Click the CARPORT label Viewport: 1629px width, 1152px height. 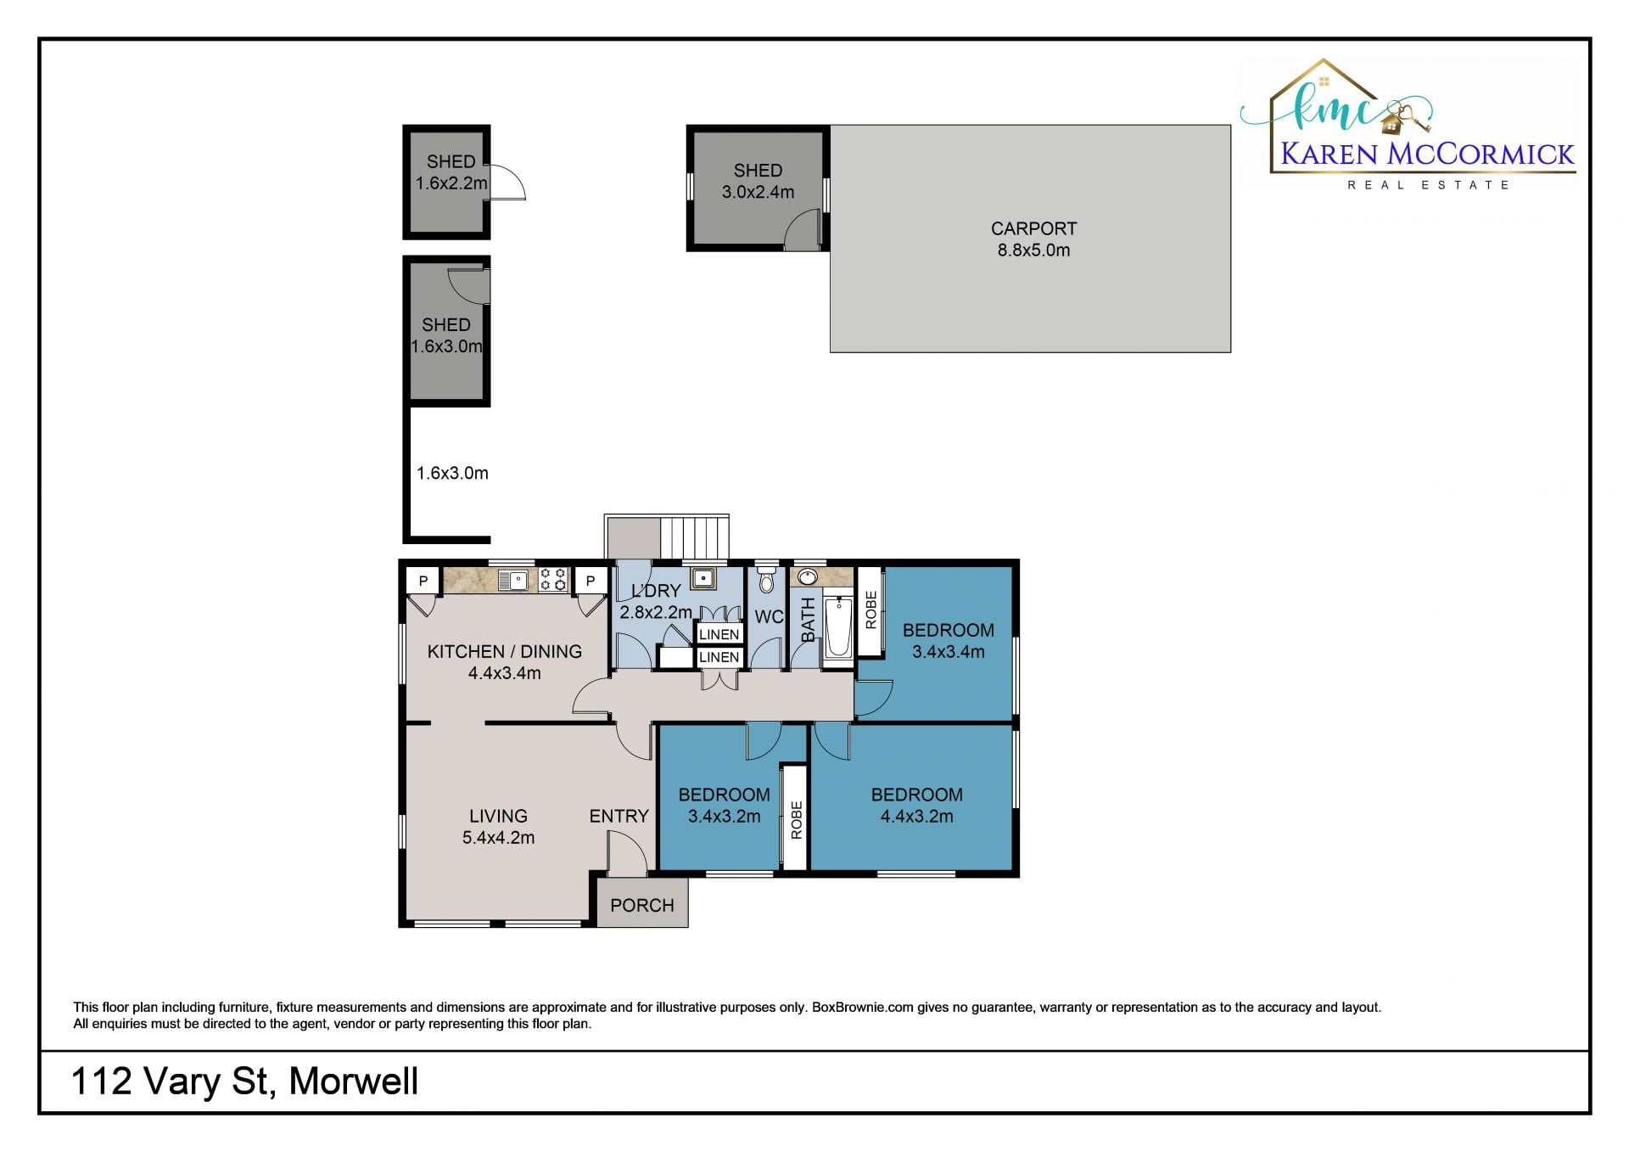(x=1033, y=228)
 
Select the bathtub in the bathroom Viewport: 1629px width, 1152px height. (x=838, y=627)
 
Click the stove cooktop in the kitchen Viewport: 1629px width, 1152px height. (x=553, y=580)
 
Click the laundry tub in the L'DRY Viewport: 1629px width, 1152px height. (x=703, y=579)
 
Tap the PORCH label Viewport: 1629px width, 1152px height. (x=642, y=905)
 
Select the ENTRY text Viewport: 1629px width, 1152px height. (x=619, y=816)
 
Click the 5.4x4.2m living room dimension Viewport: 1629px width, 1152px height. (x=498, y=838)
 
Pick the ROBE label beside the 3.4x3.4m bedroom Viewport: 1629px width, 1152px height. (x=870, y=610)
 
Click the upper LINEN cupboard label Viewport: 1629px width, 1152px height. (x=719, y=634)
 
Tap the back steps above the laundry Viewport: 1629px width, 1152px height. (x=695, y=537)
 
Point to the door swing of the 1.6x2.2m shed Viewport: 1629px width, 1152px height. (x=507, y=182)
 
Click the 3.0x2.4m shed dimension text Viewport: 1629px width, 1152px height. (x=758, y=192)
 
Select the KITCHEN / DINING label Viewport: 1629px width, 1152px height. (x=504, y=651)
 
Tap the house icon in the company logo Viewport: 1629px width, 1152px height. (x=1391, y=124)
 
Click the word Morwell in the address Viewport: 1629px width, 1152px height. (x=354, y=1082)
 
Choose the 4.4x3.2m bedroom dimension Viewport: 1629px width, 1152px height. (x=916, y=817)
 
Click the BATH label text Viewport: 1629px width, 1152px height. (x=808, y=620)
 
